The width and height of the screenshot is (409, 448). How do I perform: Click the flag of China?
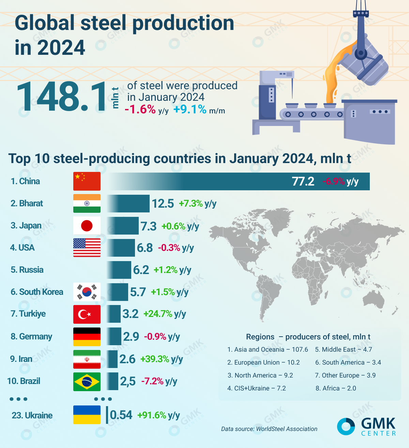coord(87,181)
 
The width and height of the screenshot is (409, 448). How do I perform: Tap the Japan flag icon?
coord(87,225)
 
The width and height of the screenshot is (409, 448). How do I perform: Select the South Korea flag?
coord(87,292)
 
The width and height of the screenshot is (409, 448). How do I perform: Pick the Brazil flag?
coord(87,381)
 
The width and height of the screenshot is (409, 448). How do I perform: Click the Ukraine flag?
coord(87,415)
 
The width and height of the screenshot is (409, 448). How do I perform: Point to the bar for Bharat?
coord(128,204)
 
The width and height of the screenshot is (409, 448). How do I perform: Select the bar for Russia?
coord(119,270)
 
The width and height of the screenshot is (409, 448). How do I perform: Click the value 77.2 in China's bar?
coord(303,181)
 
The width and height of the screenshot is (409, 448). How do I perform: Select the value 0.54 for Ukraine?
coord(121,415)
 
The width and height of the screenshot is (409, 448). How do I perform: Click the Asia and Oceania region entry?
coord(268,350)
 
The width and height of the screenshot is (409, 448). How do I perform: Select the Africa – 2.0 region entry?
coord(335,388)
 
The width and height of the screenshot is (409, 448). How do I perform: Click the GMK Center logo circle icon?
coord(346,426)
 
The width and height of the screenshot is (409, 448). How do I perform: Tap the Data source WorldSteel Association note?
coord(269,429)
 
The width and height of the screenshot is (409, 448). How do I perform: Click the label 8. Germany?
coord(31,337)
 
